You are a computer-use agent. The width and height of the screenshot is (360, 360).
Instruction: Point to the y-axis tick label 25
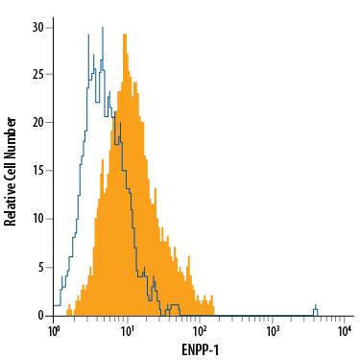coord(38,74)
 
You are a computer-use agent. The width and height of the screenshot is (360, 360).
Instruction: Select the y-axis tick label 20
coord(38,122)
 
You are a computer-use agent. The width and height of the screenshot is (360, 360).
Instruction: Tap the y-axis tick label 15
coord(38,170)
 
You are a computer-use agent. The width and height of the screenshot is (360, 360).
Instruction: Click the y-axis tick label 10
coord(38,218)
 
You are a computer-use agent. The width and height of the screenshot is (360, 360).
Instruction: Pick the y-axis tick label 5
coord(41,267)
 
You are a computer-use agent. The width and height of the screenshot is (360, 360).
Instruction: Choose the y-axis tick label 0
coord(41,315)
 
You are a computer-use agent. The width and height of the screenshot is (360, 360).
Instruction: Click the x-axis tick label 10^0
coord(55,331)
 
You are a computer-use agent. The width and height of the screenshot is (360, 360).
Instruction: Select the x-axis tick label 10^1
coord(127,331)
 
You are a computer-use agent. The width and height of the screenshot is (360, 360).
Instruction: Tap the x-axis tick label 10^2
coord(200,331)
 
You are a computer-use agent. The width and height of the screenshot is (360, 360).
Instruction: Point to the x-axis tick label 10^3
coord(273,331)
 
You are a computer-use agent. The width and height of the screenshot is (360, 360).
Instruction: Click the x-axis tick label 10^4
coord(345,331)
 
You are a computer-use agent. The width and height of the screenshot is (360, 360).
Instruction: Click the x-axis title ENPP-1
coord(200,349)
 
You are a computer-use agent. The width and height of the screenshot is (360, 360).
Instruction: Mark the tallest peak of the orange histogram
coord(125,36)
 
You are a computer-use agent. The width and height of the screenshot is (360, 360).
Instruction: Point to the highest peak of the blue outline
coord(88,34)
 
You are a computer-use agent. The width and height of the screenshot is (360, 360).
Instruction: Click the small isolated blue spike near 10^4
coord(315,309)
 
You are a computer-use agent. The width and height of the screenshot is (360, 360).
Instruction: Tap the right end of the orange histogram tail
coord(212,312)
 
